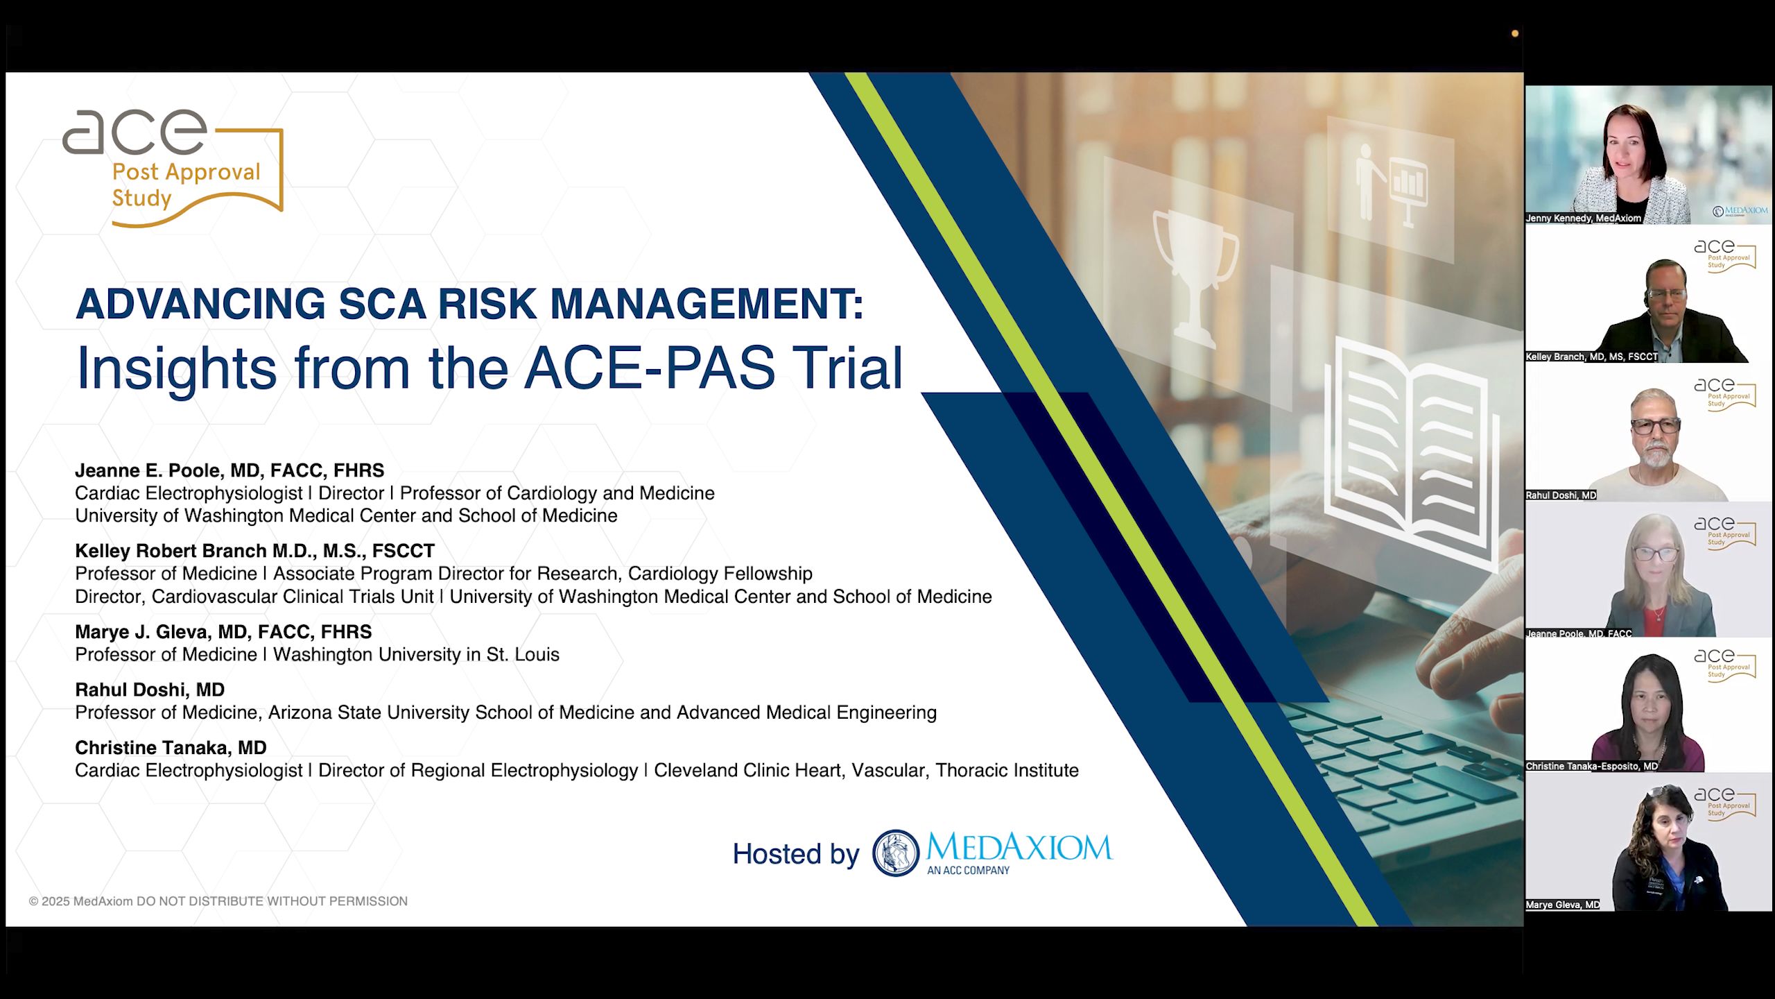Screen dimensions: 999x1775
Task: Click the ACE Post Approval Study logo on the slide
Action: [x=173, y=168]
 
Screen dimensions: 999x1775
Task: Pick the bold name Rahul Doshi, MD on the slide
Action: [x=150, y=690]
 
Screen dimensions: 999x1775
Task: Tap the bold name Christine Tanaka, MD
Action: [x=171, y=747]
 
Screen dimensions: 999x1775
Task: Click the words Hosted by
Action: [x=795, y=853]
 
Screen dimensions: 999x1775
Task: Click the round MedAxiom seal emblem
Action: [x=895, y=853]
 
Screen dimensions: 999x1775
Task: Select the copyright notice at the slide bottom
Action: [x=218, y=901]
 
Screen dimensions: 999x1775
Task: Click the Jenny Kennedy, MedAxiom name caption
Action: [x=1583, y=218]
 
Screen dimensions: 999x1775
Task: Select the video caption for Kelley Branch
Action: [x=1591, y=357]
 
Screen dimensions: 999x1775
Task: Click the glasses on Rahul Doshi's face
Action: [x=1656, y=426]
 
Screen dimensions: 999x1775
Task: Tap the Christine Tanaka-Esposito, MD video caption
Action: [x=1591, y=766]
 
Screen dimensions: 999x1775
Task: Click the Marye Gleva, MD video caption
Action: [x=1562, y=905]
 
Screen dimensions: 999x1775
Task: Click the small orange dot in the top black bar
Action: [x=1515, y=33]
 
